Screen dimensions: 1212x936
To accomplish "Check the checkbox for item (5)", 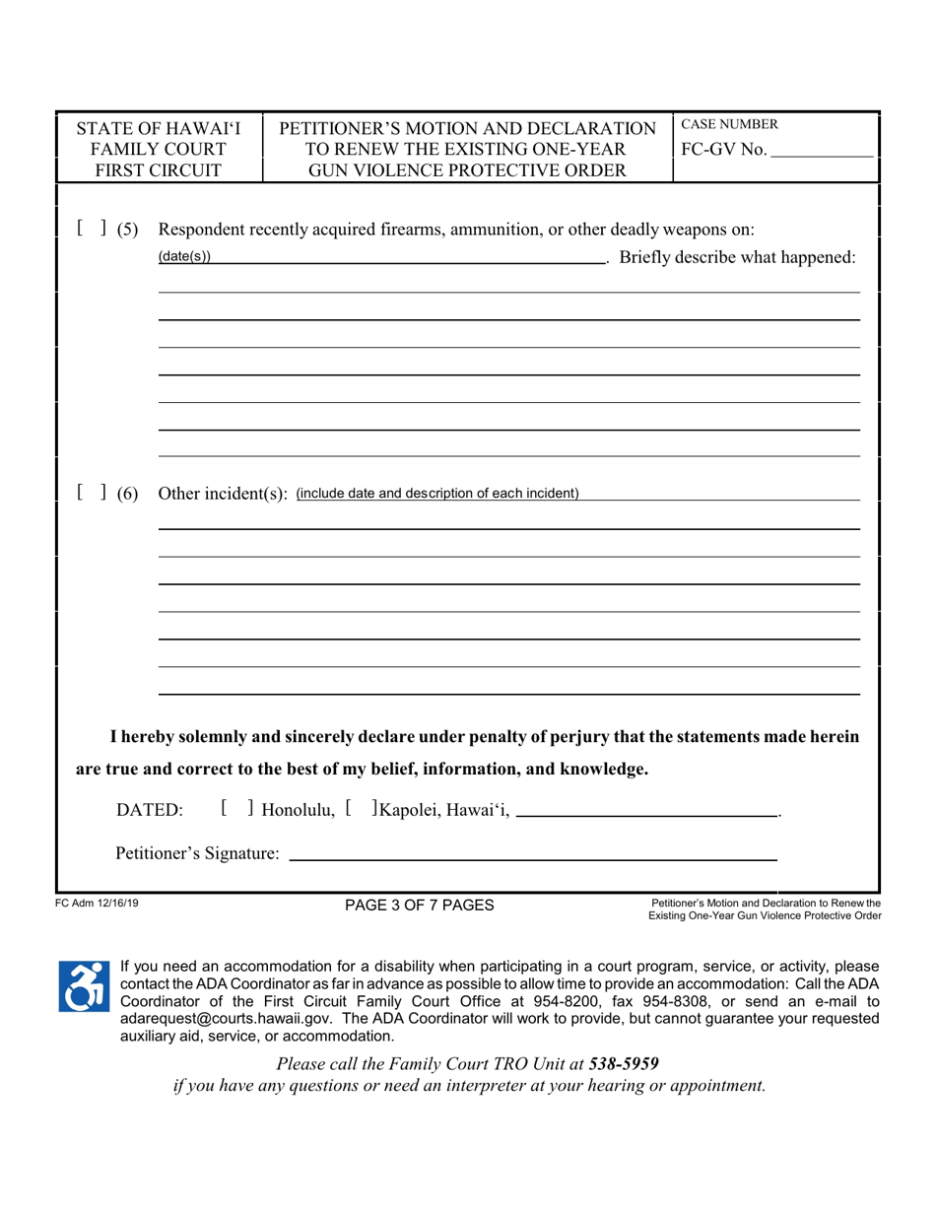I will coord(91,230).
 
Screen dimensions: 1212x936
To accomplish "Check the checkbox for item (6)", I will coord(91,493).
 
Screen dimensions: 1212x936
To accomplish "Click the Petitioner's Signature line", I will coord(532,852).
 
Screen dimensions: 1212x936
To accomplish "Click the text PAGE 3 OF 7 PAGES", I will coord(419,906).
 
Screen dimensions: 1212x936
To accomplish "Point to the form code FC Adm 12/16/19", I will coord(97,902).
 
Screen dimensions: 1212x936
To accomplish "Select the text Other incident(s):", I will coord(223,493).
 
